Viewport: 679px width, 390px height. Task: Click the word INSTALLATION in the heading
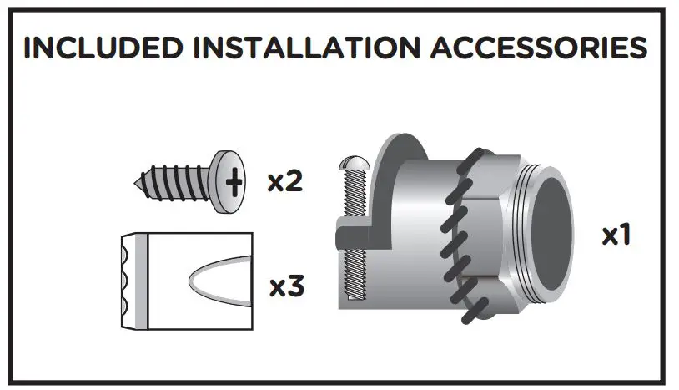click(302, 48)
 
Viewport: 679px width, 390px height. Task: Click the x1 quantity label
click(616, 236)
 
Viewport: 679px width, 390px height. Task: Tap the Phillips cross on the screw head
click(236, 180)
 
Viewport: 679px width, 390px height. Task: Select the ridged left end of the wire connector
click(129, 281)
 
